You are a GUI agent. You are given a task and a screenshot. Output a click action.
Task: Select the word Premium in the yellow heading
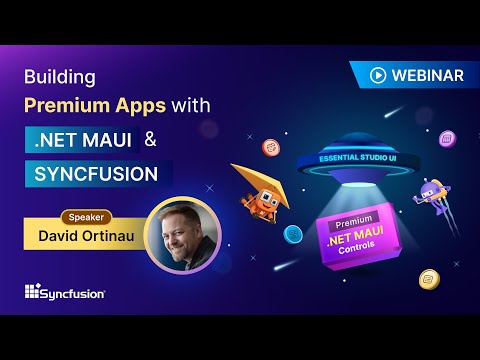coord(78,104)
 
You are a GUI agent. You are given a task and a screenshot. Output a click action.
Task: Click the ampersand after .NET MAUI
coord(151,139)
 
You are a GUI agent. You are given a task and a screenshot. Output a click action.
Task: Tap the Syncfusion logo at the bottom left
coord(64,292)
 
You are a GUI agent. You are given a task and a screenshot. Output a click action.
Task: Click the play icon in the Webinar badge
coord(378,74)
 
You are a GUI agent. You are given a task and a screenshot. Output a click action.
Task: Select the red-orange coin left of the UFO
coord(270,147)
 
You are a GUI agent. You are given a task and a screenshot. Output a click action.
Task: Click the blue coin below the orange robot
coord(293,234)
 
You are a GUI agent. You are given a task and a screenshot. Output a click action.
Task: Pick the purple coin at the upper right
coord(448,136)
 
